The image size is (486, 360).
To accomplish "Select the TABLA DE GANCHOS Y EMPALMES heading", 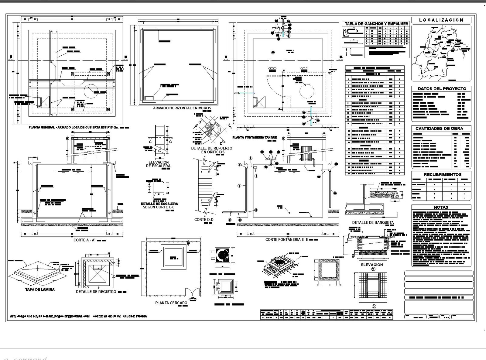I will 376,24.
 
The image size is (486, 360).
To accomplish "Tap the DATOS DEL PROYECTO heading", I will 442,89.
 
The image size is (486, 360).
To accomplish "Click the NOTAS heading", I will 441,207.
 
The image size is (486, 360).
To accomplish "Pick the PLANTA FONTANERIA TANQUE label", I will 255,137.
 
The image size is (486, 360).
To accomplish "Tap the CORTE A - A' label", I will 84,240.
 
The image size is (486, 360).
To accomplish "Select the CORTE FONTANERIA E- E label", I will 287,240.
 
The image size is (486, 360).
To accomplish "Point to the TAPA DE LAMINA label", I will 40,290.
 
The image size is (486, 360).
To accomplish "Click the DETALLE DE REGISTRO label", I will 96,292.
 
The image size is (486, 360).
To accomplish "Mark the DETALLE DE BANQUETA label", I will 373,222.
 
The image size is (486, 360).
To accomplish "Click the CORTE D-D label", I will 204,220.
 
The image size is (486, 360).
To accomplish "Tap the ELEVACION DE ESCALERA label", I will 158,164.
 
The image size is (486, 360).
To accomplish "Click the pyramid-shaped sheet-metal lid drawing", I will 38,270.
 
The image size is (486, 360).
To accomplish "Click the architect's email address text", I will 72,316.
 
